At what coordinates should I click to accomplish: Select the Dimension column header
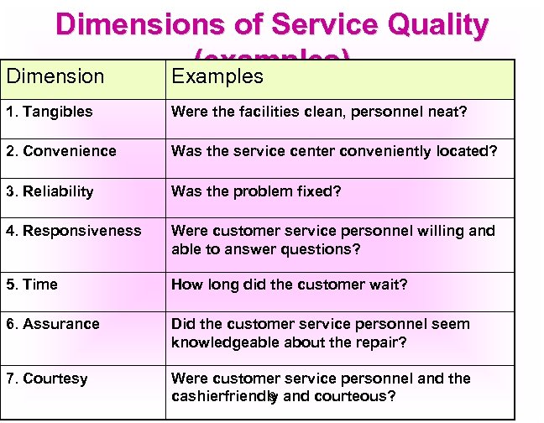pos(55,76)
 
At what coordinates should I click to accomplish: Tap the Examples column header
pos(217,76)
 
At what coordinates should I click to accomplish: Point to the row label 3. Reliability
pos(50,191)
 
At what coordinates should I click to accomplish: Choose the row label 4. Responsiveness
pos(74,231)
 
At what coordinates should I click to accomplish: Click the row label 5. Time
pos(32,285)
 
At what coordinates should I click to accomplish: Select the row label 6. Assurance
pos(52,324)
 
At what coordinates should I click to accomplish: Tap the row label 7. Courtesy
pos(46,379)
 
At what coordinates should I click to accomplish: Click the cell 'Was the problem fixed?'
pos(256,191)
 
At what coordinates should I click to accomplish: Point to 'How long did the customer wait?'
pos(289,285)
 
